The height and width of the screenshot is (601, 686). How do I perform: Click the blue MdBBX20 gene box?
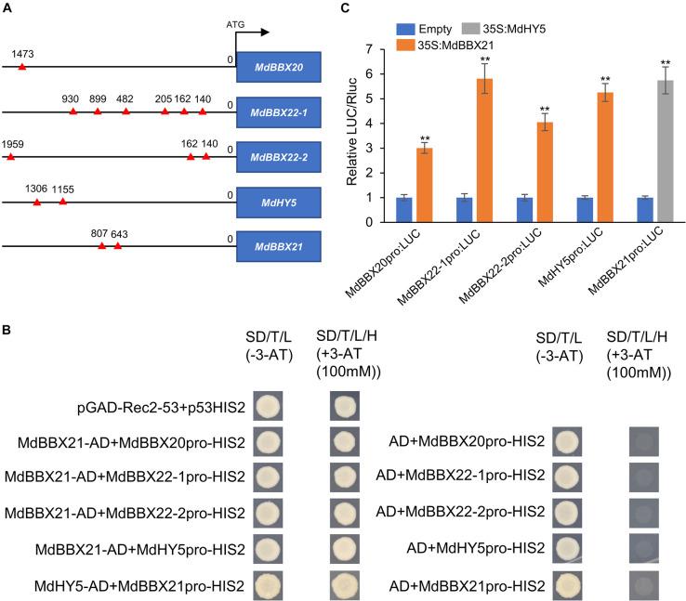click(278, 68)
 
